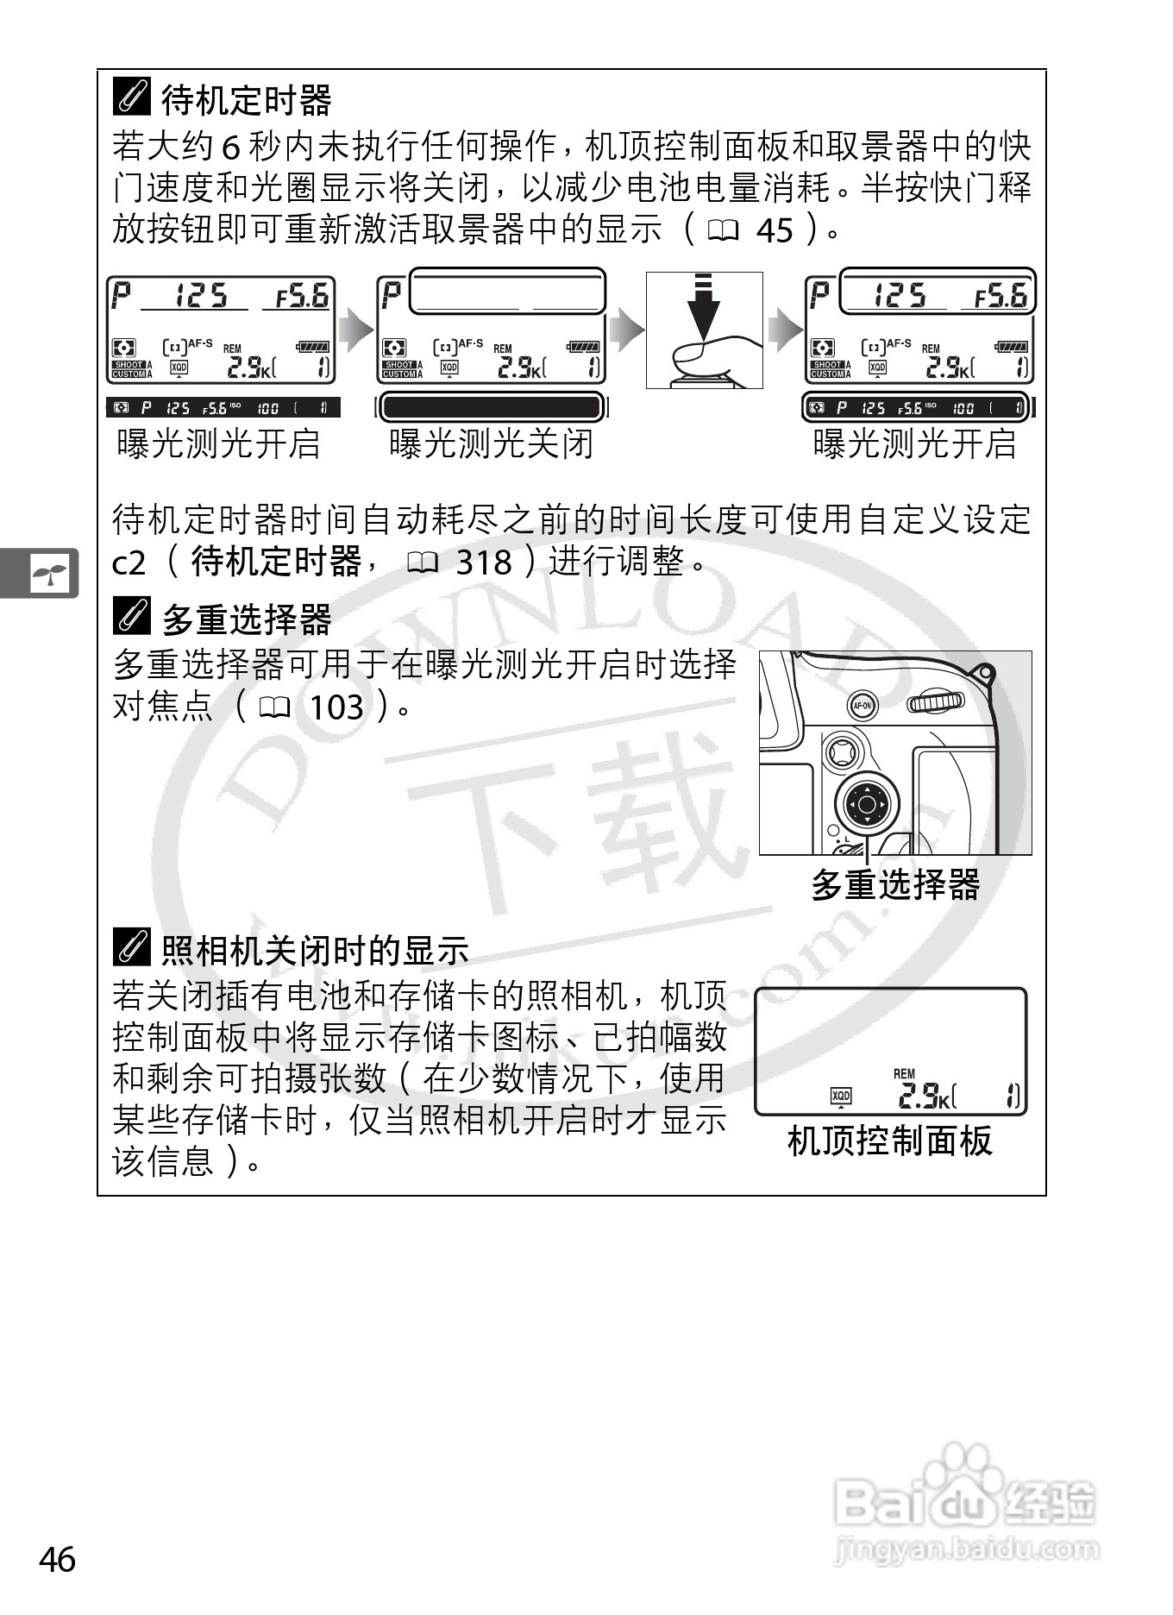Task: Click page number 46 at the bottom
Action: pyautogui.click(x=58, y=1558)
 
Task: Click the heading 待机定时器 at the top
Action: pyautogui.click(x=246, y=100)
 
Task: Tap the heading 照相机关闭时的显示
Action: pyautogui.click(x=315, y=950)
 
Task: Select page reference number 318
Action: pyautogui.click(x=483, y=563)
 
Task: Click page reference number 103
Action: pyautogui.click(x=336, y=708)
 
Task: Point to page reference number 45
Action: pyautogui.click(x=774, y=230)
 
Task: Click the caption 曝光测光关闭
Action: pyautogui.click(x=491, y=444)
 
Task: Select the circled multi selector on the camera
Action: pyautogui.click(x=867, y=806)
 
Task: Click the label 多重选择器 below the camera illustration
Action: pyautogui.click(x=895, y=884)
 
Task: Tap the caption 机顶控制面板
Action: pyautogui.click(x=890, y=1141)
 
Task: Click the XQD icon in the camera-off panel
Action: pyautogui.click(x=840, y=1096)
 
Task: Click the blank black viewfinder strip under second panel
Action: pyautogui.click(x=491, y=407)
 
